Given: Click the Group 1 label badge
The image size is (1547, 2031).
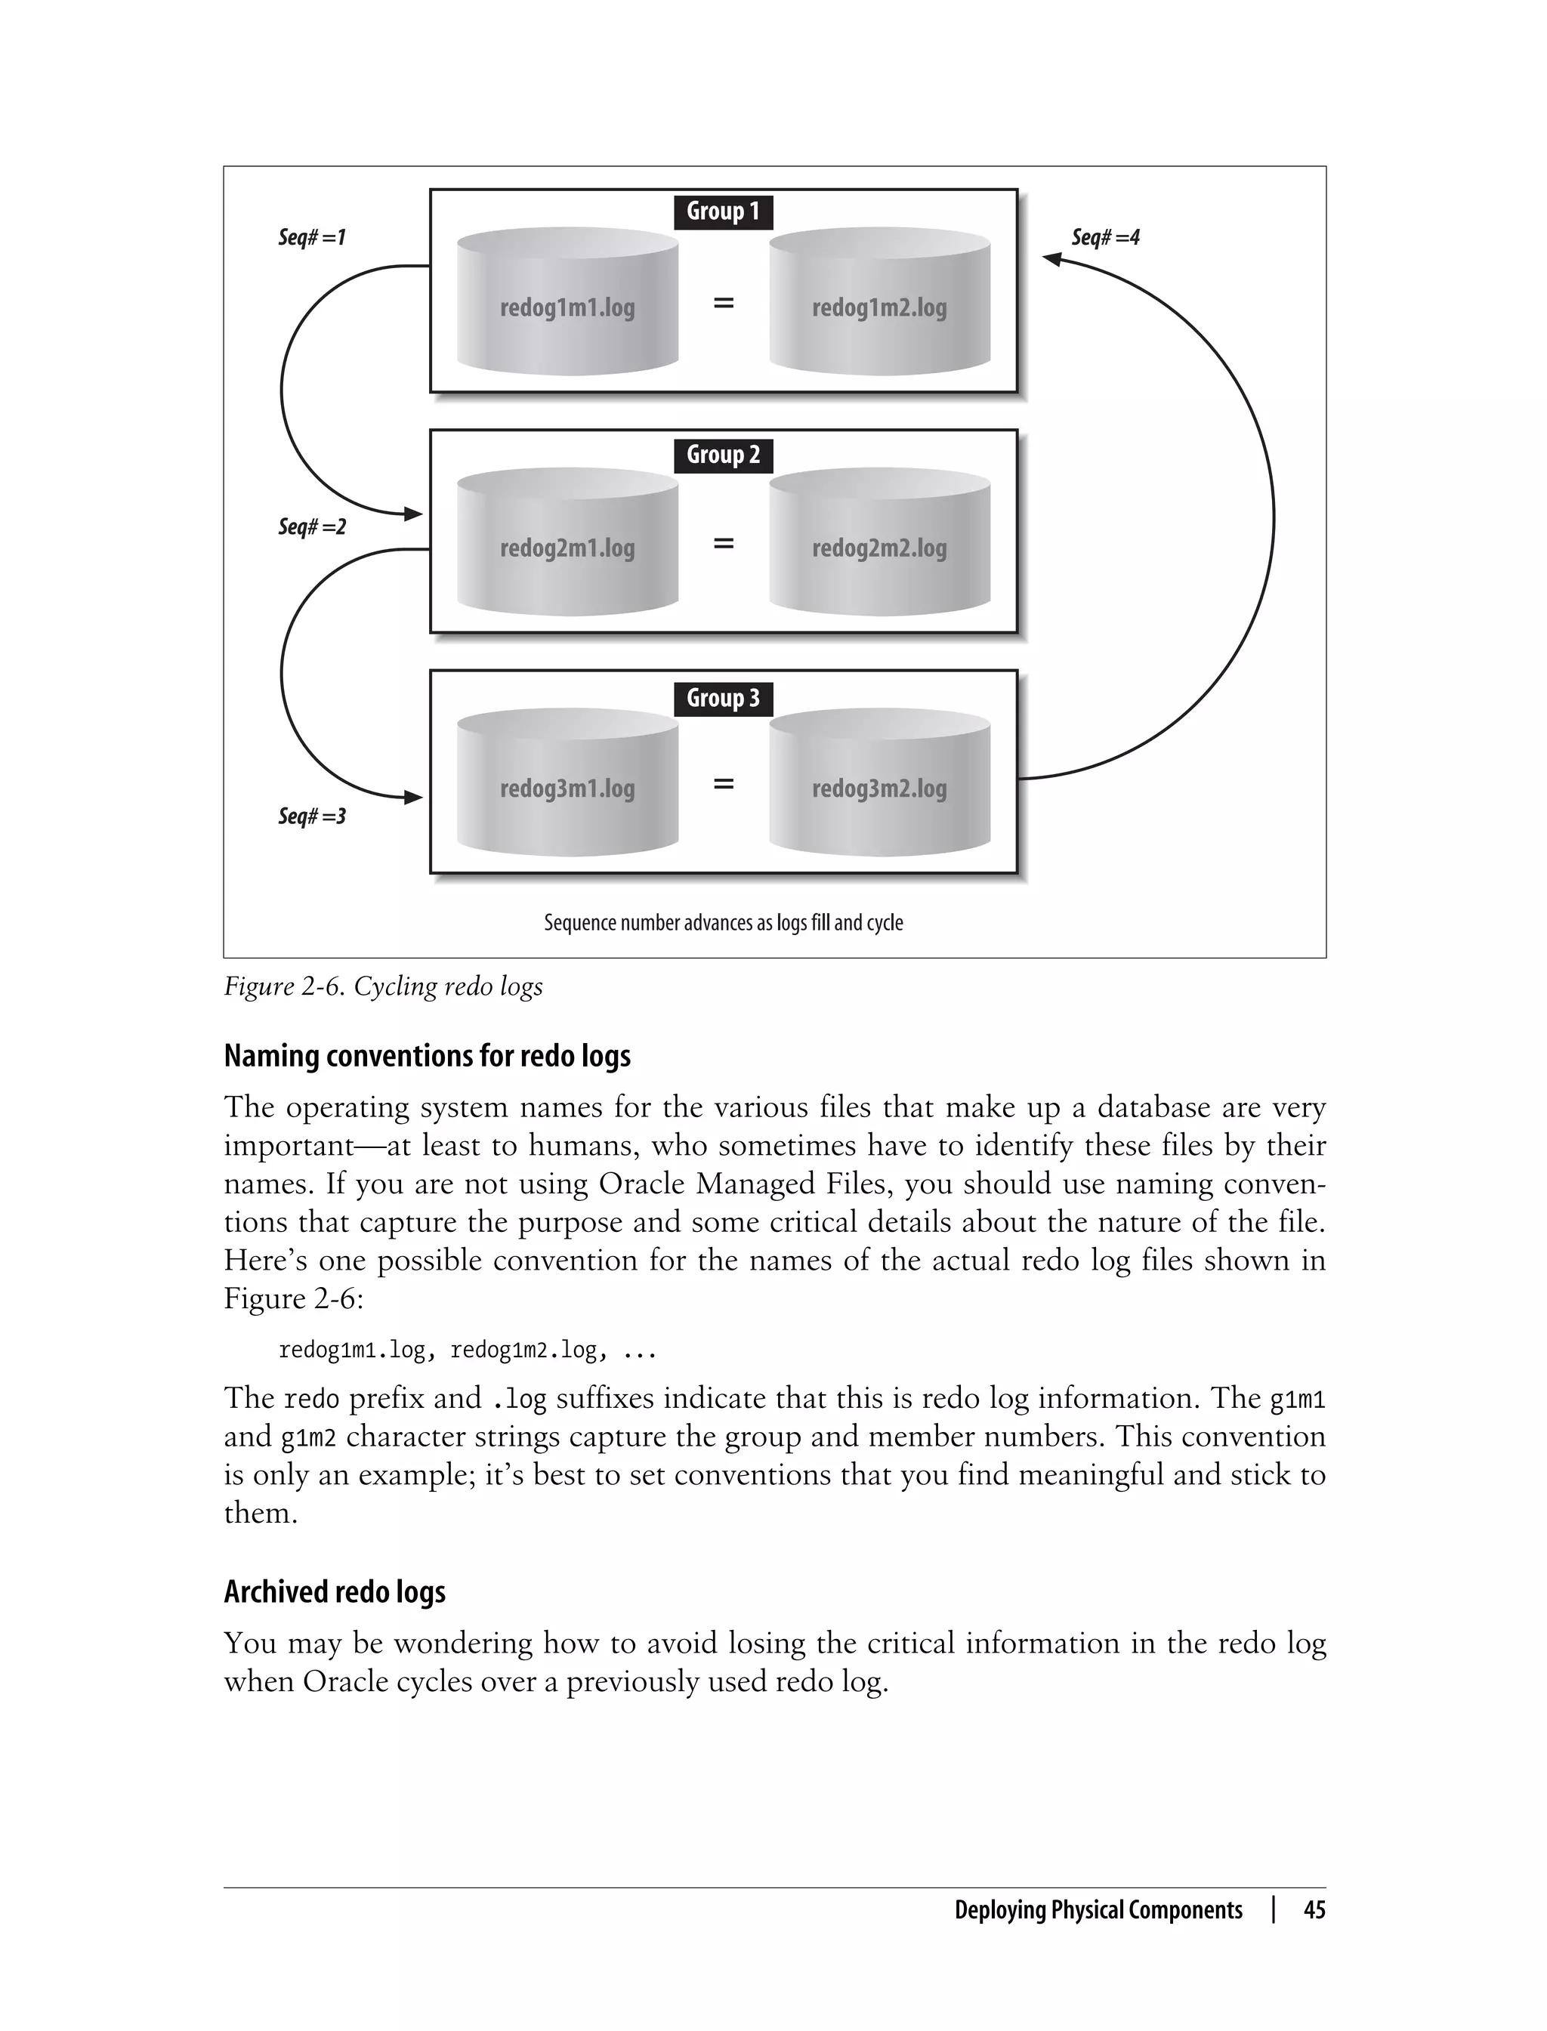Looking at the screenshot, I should pyautogui.click(x=723, y=211).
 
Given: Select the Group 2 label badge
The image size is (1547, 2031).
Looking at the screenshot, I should pyautogui.click(x=723, y=455).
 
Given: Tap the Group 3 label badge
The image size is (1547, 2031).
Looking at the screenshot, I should pyautogui.click(x=723, y=698).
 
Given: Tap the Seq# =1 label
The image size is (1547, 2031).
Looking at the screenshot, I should pyautogui.click(x=312, y=237).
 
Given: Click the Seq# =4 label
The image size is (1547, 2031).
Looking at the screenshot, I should pyautogui.click(x=1105, y=237).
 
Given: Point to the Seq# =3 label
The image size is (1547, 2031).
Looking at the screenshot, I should pyautogui.click(x=312, y=816).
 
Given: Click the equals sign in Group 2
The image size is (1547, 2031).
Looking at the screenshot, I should pyautogui.click(x=724, y=544).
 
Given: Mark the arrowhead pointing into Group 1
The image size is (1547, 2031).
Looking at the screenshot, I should pyautogui.click(x=1052, y=260).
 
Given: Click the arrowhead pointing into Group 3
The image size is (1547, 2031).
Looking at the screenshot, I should pyautogui.click(x=413, y=798).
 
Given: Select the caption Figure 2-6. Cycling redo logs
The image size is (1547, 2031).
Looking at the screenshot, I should pyautogui.click(x=383, y=986).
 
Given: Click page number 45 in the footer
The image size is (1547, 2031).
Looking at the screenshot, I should pyautogui.click(x=1314, y=1910).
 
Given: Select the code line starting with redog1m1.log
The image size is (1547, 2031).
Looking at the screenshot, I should pyautogui.click(x=467, y=1350).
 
